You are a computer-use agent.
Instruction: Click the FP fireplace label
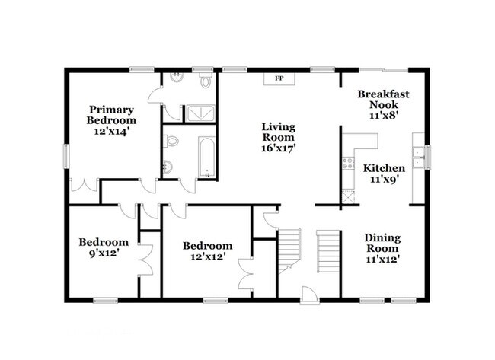[279, 78]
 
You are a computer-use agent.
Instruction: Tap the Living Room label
[279, 132]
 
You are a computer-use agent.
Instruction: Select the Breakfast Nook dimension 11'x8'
[383, 116]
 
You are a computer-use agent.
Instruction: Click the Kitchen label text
[384, 168]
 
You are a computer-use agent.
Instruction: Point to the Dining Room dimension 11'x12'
[383, 260]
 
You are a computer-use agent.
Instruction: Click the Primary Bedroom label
[111, 115]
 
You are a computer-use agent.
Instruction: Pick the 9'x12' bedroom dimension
[104, 253]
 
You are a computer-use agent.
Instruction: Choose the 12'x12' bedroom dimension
[207, 256]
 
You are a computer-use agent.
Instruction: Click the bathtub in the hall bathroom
[207, 157]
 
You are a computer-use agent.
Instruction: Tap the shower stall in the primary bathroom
[200, 113]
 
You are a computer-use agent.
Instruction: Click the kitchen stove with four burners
[348, 163]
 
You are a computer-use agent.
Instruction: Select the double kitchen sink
[418, 157]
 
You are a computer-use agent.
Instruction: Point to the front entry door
[310, 295]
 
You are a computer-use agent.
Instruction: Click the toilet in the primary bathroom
[206, 80]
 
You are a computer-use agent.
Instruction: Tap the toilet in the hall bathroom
[171, 141]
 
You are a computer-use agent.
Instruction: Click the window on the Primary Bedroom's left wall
[66, 156]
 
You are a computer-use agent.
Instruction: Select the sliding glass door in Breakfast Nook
[384, 70]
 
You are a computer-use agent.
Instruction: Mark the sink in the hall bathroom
[168, 167]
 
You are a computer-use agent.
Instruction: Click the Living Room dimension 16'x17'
[279, 148]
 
